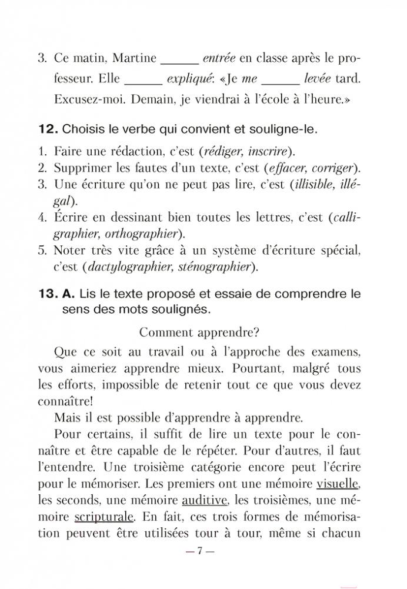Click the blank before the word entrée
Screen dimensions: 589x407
179,60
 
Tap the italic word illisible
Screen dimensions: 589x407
316,185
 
